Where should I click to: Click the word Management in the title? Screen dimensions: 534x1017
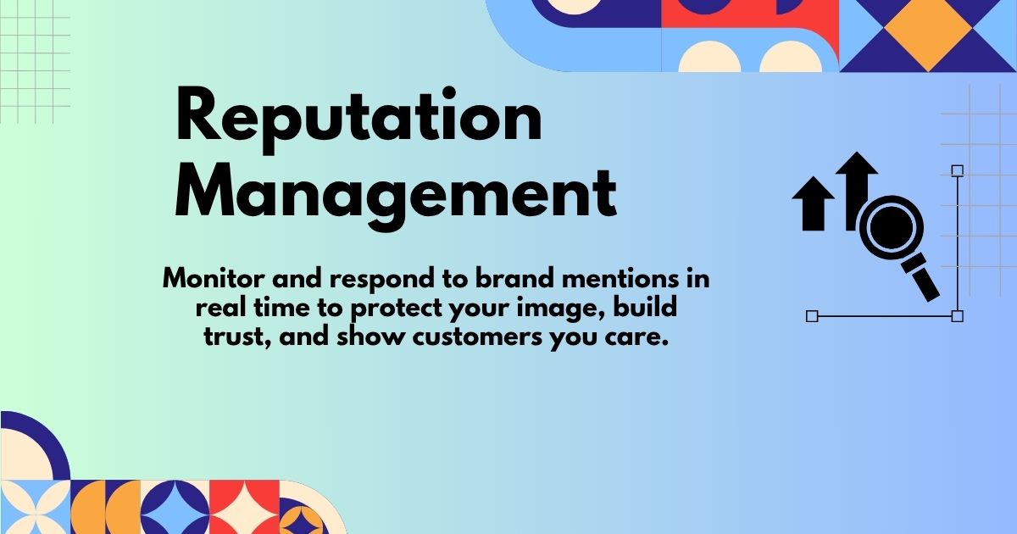tap(395, 194)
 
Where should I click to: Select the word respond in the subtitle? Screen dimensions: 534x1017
tap(374, 280)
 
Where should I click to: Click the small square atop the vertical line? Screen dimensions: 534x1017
tap(957, 170)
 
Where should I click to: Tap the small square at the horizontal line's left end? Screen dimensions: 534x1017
tap(811, 316)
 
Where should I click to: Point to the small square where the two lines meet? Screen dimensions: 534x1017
tap(957, 316)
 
